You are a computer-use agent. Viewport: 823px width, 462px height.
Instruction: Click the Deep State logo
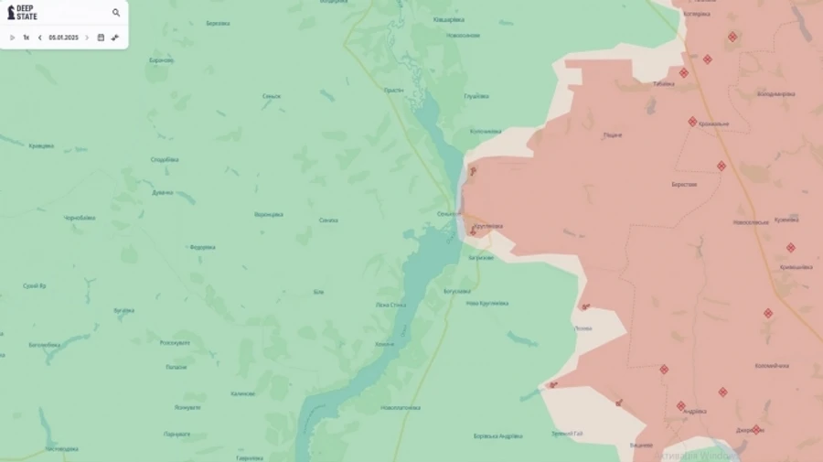(x=23, y=13)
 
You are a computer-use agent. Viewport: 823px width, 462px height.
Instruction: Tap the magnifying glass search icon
(x=116, y=13)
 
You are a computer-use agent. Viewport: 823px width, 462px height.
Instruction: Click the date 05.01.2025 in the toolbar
(x=63, y=38)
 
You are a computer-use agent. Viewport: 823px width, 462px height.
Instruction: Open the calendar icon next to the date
(x=101, y=38)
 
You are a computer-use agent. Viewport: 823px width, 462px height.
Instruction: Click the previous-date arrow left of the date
(x=39, y=38)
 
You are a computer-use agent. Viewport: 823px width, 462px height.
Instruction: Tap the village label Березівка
(x=218, y=23)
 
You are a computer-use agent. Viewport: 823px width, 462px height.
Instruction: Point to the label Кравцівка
(x=41, y=145)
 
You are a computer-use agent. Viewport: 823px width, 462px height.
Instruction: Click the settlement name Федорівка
(x=202, y=247)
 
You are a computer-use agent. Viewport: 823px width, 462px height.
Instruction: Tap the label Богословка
(x=457, y=291)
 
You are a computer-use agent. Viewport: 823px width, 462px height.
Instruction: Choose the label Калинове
(x=243, y=393)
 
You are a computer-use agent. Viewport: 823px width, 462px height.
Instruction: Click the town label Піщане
(x=612, y=134)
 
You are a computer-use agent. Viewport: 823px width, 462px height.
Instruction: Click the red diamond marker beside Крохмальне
(x=692, y=121)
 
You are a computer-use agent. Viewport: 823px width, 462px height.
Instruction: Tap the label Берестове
(x=684, y=184)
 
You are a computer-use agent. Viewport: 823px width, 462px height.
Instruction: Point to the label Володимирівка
(x=775, y=93)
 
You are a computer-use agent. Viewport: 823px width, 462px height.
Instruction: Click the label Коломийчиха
(x=771, y=365)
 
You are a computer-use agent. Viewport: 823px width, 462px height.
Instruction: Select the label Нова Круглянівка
(x=486, y=303)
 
